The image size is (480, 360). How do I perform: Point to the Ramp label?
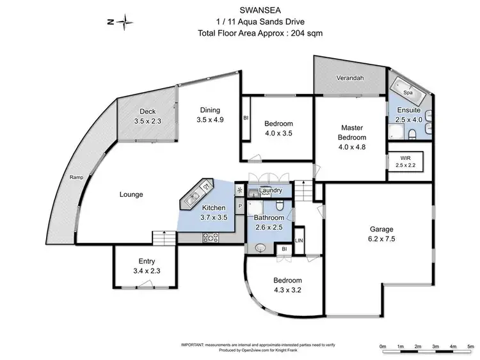point(76,178)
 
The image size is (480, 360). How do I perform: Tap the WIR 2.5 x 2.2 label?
point(406,161)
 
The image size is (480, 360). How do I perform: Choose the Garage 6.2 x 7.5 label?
point(381,234)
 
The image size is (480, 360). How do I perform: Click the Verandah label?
point(350,79)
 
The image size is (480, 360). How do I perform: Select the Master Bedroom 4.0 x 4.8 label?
point(353,137)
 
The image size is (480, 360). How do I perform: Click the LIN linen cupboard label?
point(298,240)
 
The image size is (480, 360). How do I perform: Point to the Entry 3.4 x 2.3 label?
point(147,265)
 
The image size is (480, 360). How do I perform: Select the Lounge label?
point(131,194)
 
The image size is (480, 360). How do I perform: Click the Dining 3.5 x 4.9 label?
point(209,114)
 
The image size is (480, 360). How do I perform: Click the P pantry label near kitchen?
point(240,207)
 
